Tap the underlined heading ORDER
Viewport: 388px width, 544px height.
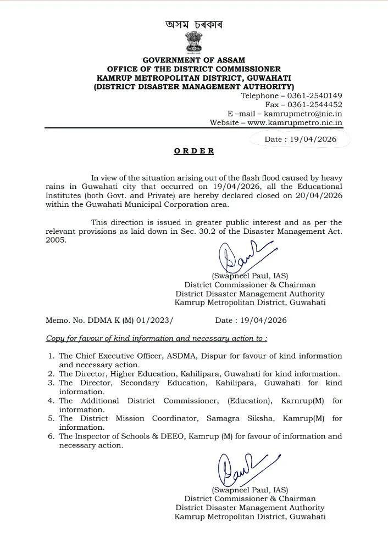(x=194, y=150)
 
